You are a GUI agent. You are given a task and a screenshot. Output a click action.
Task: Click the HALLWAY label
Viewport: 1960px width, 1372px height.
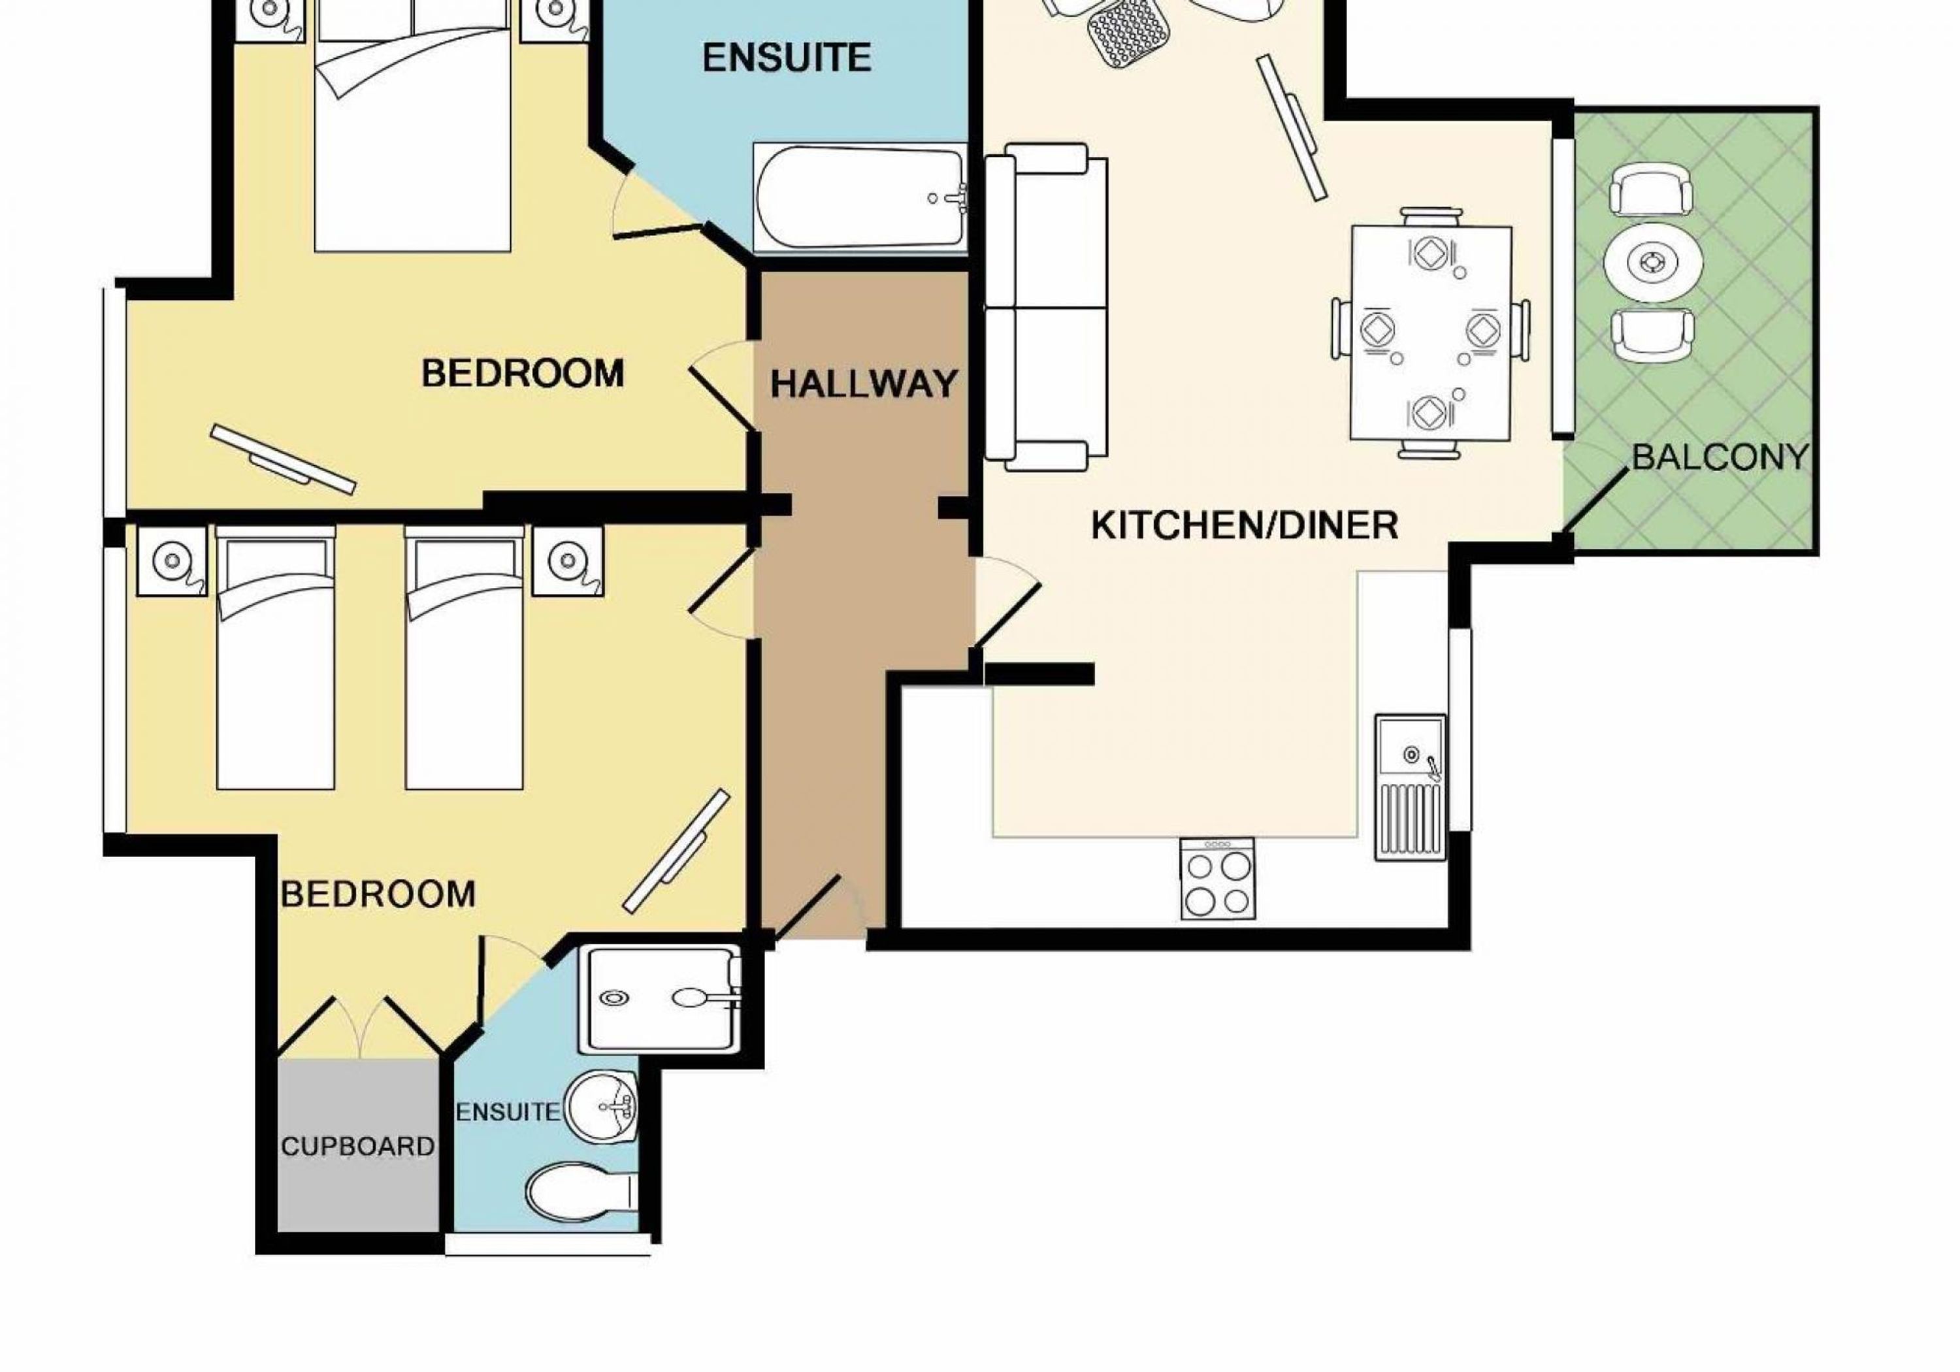[863, 384]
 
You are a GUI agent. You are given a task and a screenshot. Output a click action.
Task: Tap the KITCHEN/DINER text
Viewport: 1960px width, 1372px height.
[1245, 525]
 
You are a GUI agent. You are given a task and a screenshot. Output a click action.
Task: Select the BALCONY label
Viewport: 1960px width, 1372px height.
[1720, 457]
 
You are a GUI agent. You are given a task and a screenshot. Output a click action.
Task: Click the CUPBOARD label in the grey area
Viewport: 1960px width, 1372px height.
[357, 1147]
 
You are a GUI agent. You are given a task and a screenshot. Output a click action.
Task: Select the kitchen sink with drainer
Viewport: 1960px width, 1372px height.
[1411, 787]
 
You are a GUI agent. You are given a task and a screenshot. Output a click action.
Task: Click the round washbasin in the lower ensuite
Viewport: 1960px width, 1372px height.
[602, 1108]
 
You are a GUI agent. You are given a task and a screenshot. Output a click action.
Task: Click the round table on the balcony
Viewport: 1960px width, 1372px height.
[1654, 261]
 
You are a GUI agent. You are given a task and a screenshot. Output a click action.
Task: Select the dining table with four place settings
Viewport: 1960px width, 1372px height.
[1431, 333]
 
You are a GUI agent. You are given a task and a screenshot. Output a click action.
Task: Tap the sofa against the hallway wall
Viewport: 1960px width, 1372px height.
[1046, 307]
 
